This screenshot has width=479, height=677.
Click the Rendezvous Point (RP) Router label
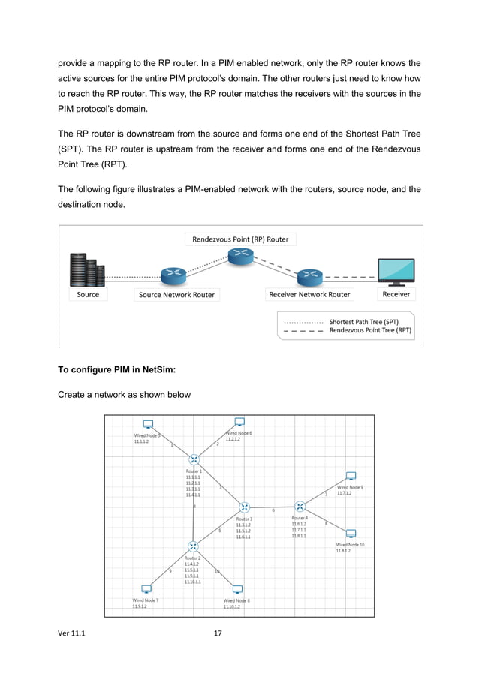240,239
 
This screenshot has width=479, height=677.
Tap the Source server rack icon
86,270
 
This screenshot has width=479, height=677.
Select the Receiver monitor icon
396,272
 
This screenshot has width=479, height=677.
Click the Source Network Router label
176,295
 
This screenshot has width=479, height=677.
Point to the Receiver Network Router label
309,295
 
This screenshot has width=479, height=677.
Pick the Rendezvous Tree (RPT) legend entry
369,330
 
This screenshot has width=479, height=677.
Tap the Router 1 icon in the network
194,459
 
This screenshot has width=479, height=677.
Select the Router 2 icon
193,546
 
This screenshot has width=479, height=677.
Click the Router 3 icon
245,508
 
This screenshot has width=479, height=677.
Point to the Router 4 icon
300,507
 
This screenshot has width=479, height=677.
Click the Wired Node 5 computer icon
148,425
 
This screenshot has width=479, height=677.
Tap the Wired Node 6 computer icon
239,423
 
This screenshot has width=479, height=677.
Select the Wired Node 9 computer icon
350,477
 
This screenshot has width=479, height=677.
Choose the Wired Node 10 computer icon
350,534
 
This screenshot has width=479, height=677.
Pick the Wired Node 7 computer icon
146,589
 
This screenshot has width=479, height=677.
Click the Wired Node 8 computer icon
237,589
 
